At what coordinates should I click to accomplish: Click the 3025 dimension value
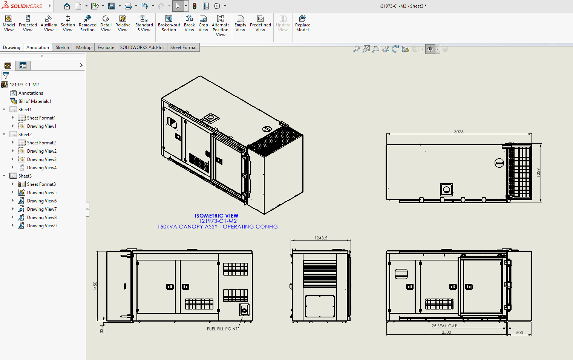tap(459, 132)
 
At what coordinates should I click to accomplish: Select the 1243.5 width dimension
tap(321, 238)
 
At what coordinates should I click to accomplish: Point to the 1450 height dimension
tap(95, 286)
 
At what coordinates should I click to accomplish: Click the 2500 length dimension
tap(446, 332)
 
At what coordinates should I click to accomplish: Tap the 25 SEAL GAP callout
tap(444, 326)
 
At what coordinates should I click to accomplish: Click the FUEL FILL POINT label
tap(222, 329)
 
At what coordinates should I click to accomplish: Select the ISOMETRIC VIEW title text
tap(216, 216)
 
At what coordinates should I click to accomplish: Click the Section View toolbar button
tap(68, 23)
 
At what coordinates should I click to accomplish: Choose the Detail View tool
tap(106, 23)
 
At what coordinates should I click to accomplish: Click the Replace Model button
tap(302, 23)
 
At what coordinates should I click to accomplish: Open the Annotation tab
tap(38, 47)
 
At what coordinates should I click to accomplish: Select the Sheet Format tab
tap(183, 47)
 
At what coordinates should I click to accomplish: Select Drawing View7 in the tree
tap(41, 209)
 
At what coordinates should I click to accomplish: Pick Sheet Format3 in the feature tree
tap(41, 184)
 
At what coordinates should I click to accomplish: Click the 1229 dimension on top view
tap(538, 172)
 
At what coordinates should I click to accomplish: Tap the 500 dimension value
tap(519, 332)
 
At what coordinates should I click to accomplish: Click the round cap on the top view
tap(499, 163)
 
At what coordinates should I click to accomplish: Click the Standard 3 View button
tap(144, 23)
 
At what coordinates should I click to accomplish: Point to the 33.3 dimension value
tap(101, 329)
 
